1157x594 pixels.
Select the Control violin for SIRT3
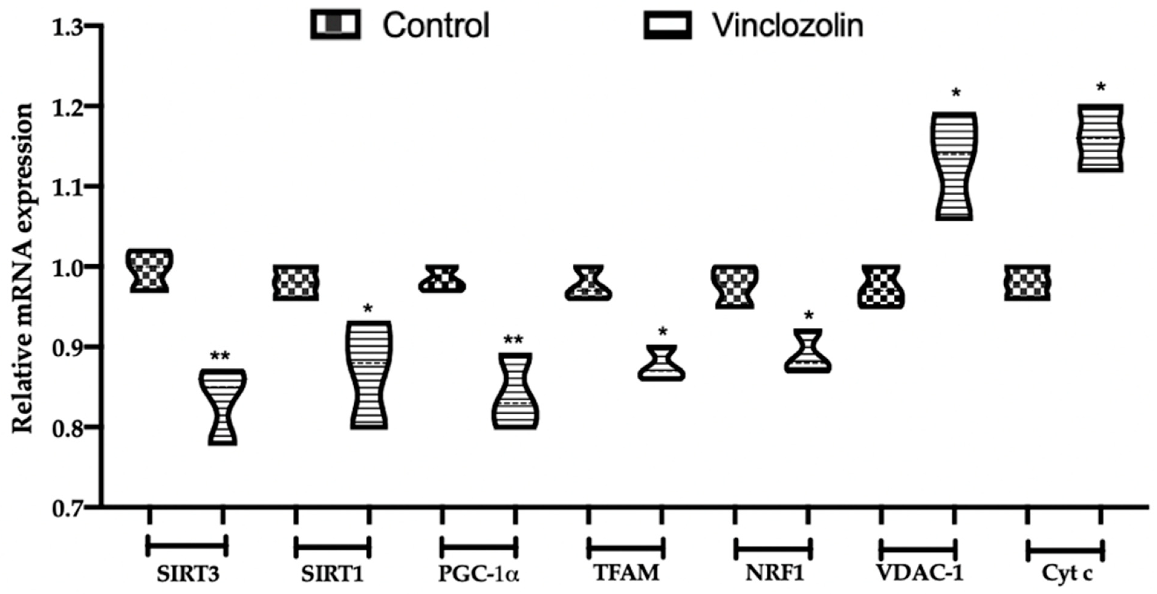[x=149, y=270]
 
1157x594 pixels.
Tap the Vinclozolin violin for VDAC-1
[x=955, y=166]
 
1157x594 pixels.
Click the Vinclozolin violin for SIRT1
[x=369, y=375]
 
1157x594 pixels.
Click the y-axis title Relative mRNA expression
[x=22, y=269]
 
